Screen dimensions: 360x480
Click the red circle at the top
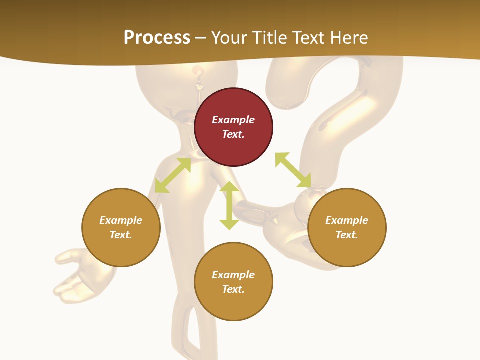(233, 127)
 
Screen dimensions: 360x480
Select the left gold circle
(121, 227)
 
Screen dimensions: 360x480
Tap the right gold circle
(347, 227)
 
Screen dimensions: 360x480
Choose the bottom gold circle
(233, 282)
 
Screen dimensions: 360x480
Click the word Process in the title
(157, 38)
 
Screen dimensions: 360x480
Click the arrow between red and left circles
(173, 175)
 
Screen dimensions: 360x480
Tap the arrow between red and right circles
(293, 170)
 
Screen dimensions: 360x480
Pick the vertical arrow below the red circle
(229, 205)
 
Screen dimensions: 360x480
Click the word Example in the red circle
(233, 120)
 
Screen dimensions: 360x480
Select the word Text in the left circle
(120, 235)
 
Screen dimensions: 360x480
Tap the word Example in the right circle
(347, 220)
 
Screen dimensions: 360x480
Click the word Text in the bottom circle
(233, 289)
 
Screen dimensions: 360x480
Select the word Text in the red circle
(233, 134)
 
